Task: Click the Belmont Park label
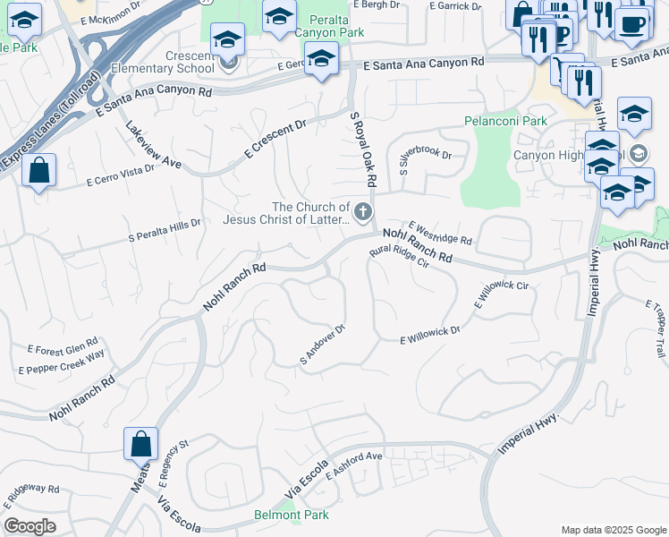[292, 515]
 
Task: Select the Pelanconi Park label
[505, 121]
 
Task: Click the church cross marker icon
[362, 212]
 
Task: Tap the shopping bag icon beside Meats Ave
[141, 443]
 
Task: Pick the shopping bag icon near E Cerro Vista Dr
[39, 170]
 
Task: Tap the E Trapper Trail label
[655, 330]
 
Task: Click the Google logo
[30, 526]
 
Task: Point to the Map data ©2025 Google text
[613, 530]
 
